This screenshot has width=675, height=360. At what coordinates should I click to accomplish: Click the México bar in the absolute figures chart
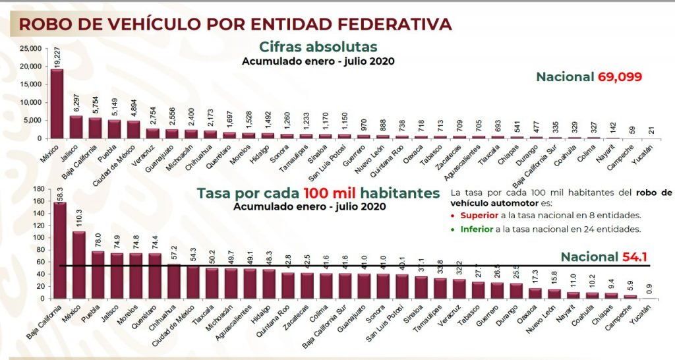[57, 104]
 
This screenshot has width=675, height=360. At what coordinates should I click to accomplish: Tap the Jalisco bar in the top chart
[76, 127]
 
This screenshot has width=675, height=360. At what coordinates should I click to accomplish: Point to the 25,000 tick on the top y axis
[30, 49]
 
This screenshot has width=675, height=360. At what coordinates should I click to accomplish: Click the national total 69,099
[620, 77]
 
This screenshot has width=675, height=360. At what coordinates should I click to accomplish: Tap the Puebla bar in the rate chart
[98, 274]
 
